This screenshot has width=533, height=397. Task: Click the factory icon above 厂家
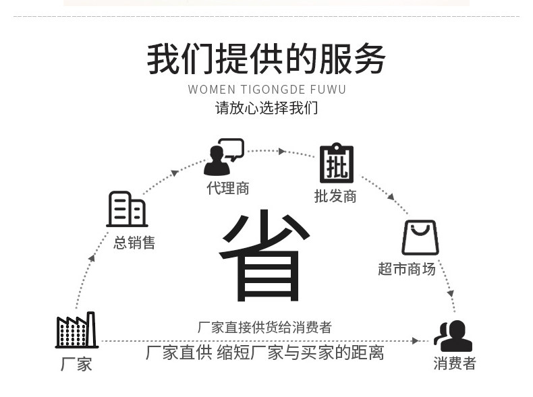coord(76,330)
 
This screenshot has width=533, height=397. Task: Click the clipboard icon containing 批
coord(335,163)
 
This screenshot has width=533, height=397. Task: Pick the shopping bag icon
coord(420,237)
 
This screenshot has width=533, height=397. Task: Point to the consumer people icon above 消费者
coord(453,335)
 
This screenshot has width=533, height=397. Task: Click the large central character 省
coord(264,257)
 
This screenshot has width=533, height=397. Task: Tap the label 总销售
coord(134,243)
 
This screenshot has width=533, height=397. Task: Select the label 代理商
coord(228,189)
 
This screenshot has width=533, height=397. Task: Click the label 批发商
coord(335,196)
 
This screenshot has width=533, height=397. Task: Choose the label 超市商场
coord(407,269)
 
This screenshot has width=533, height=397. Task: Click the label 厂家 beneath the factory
coord(76,365)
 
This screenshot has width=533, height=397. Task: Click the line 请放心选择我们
coord(266,108)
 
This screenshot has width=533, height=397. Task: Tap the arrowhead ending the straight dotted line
coord(416,341)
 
